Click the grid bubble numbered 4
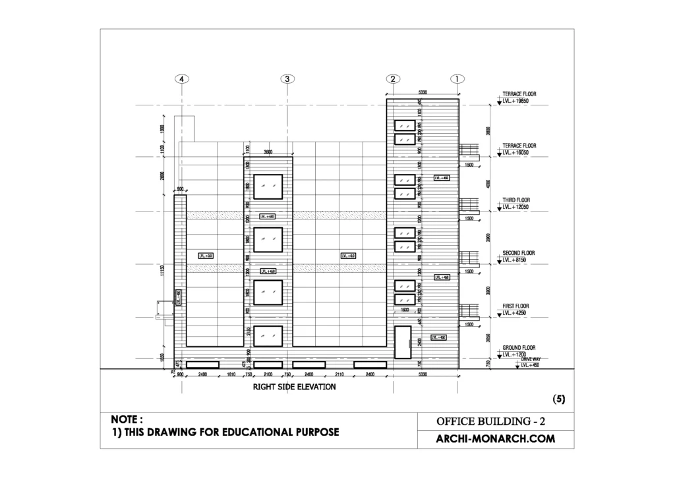182,78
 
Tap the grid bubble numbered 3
287,78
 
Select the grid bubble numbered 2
392,78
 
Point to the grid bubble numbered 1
457,78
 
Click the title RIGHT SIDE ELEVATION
294,387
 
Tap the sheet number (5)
558,399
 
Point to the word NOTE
127,419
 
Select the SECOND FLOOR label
519,253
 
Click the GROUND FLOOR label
519,347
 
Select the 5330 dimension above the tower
423,93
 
